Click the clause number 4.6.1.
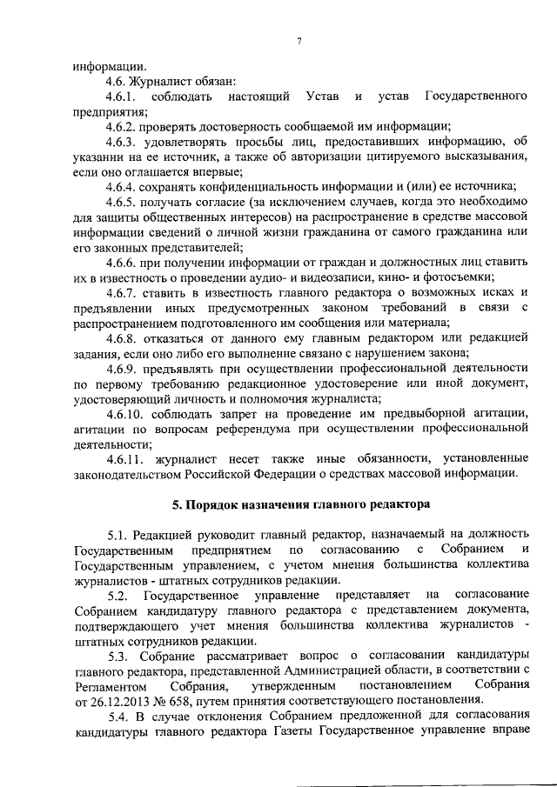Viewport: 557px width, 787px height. click(121, 94)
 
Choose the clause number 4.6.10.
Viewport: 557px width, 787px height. click(124, 413)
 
